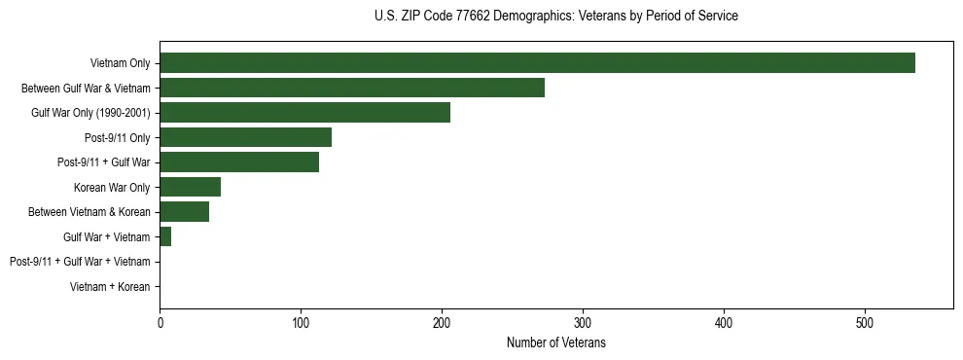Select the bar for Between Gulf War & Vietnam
[352, 88]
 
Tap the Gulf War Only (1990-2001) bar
[304, 113]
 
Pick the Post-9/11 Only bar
[245, 137]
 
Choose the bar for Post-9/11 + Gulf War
[239, 162]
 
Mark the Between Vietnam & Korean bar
[184, 212]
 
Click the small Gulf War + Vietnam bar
[165, 236]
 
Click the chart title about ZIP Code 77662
[555, 17]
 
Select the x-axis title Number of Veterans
[555, 342]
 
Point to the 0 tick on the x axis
[160, 322]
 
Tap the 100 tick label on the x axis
[301, 322]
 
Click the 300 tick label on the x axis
[583, 322]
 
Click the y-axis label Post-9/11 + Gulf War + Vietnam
[80, 262]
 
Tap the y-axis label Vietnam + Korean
[110, 287]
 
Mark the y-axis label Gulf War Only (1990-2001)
[90, 113]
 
